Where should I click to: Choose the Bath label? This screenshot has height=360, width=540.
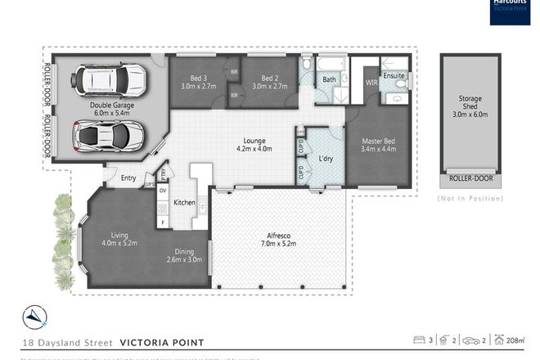(329, 79)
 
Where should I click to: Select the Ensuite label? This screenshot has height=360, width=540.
(394, 77)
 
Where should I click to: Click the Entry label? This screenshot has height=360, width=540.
(129, 178)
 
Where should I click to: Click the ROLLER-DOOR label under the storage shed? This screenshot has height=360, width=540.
(471, 178)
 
